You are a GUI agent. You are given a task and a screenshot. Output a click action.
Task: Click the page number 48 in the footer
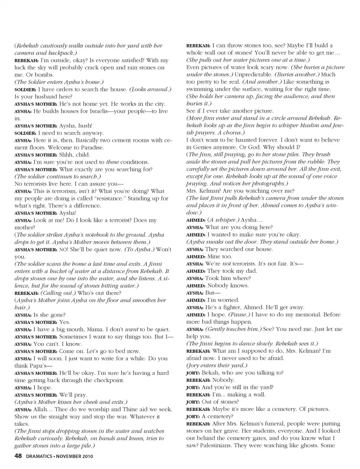[x=18, y=456]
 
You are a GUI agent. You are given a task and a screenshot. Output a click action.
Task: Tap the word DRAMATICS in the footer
[x=39, y=456]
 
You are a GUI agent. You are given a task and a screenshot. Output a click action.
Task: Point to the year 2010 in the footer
[x=86, y=456]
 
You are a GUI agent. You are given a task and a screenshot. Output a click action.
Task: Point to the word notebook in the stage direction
[x=98, y=235]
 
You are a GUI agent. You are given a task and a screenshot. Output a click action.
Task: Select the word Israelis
[x=93, y=111]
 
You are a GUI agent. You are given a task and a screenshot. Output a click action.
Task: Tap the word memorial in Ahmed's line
[x=306, y=315]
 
